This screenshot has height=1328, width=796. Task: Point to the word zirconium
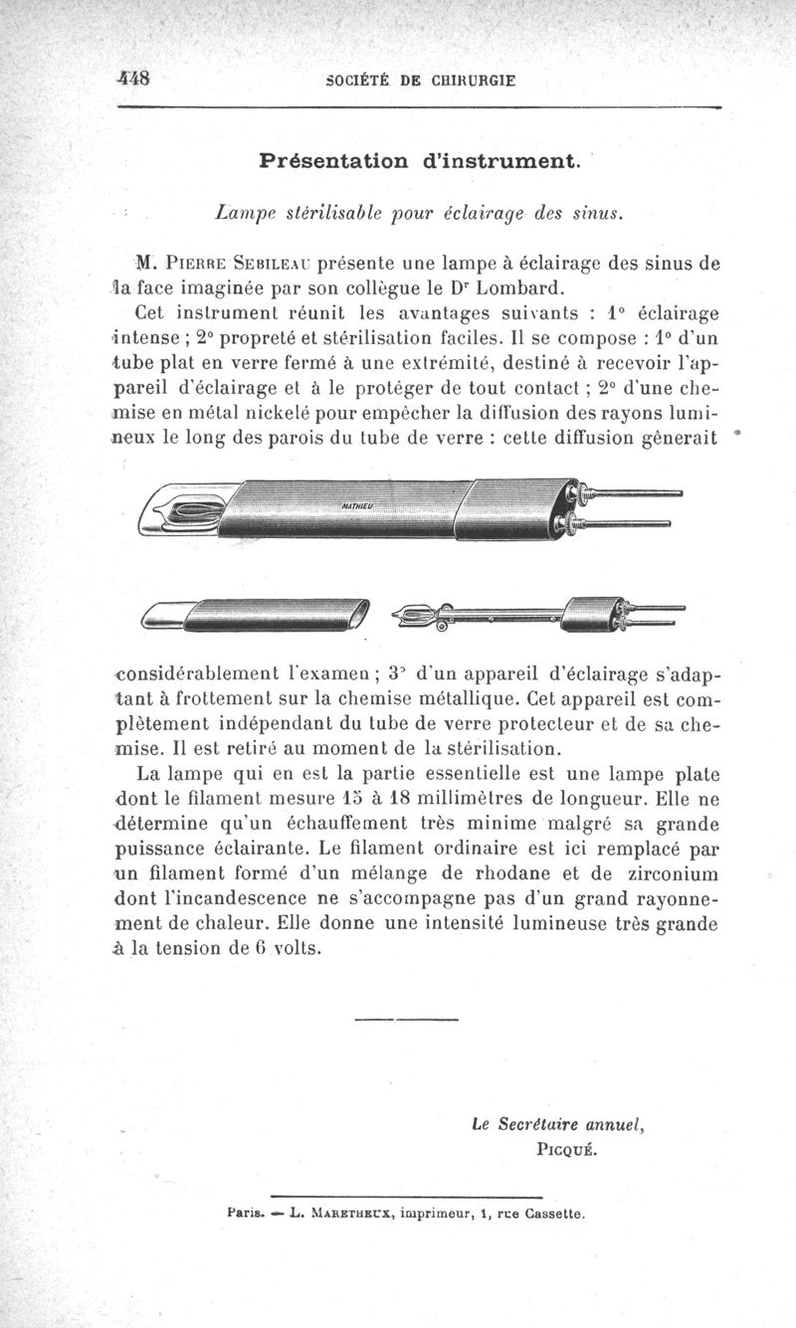[x=667, y=874]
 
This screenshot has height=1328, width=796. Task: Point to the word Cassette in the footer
[x=553, y=1214]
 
